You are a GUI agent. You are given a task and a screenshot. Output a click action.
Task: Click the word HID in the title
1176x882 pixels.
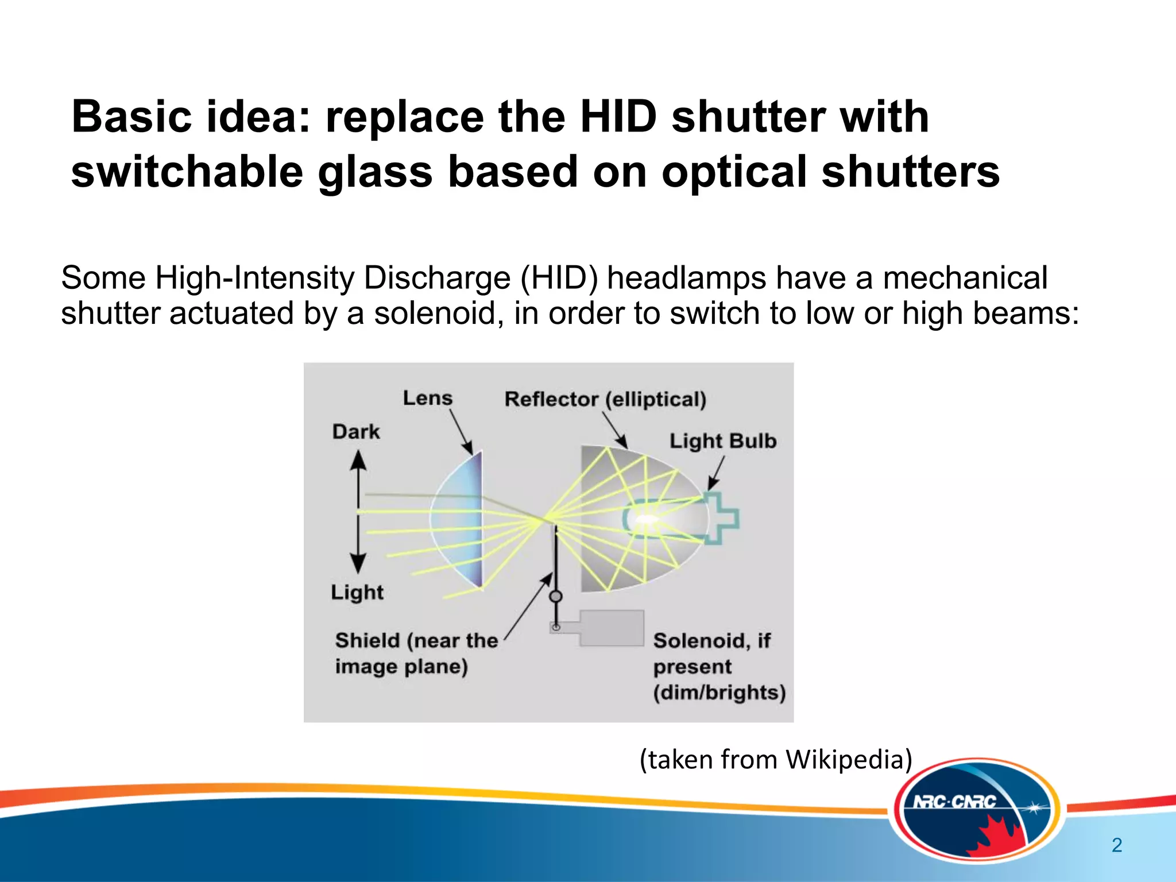coord(618,117)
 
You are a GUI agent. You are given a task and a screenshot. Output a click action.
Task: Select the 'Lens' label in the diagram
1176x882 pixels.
coord(427,398)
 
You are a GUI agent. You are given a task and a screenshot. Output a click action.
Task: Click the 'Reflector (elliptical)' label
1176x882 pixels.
coord(605,399)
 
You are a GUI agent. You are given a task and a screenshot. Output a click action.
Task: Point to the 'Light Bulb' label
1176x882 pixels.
coord(723,441)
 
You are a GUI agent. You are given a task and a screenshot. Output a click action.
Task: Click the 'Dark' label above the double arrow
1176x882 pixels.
coord(356,432)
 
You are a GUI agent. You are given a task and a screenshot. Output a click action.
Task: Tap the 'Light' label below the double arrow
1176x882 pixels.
coord(357,592)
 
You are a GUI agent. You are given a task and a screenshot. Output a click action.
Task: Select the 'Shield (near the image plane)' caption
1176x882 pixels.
coord(416,653)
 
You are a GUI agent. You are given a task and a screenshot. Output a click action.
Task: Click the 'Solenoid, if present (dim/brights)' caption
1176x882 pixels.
coord(719,666)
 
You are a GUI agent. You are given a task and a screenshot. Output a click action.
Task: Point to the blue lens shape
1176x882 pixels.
coord(459,520)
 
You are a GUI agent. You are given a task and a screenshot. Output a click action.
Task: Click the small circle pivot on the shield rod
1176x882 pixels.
coord(556,597)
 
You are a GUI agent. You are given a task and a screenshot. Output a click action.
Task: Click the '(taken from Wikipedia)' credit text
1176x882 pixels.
coord(776,759)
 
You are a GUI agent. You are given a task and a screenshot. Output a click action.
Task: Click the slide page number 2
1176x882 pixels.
coord(1117,845)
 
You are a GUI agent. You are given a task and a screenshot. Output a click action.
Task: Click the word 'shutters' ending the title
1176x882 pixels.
coord(911,172)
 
